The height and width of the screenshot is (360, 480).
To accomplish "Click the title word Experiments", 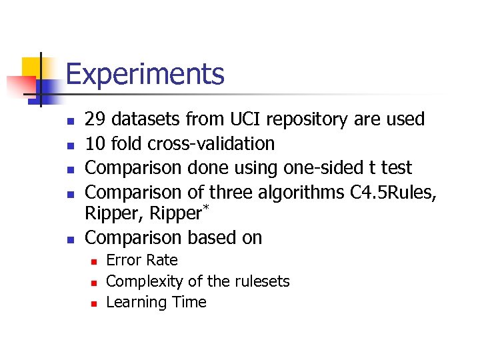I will click(x=145, y=75).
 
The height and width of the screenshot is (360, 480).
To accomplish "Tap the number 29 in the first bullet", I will click(x=95, y=120).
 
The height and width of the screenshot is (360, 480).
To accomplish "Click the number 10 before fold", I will click(x=95, y=144).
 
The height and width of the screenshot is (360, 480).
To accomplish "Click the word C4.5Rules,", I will click(x=393, y=193).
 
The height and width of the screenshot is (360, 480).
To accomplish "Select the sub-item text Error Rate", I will click(x=142, y=261).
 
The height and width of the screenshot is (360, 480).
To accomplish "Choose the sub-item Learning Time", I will click(x=157, y=303).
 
